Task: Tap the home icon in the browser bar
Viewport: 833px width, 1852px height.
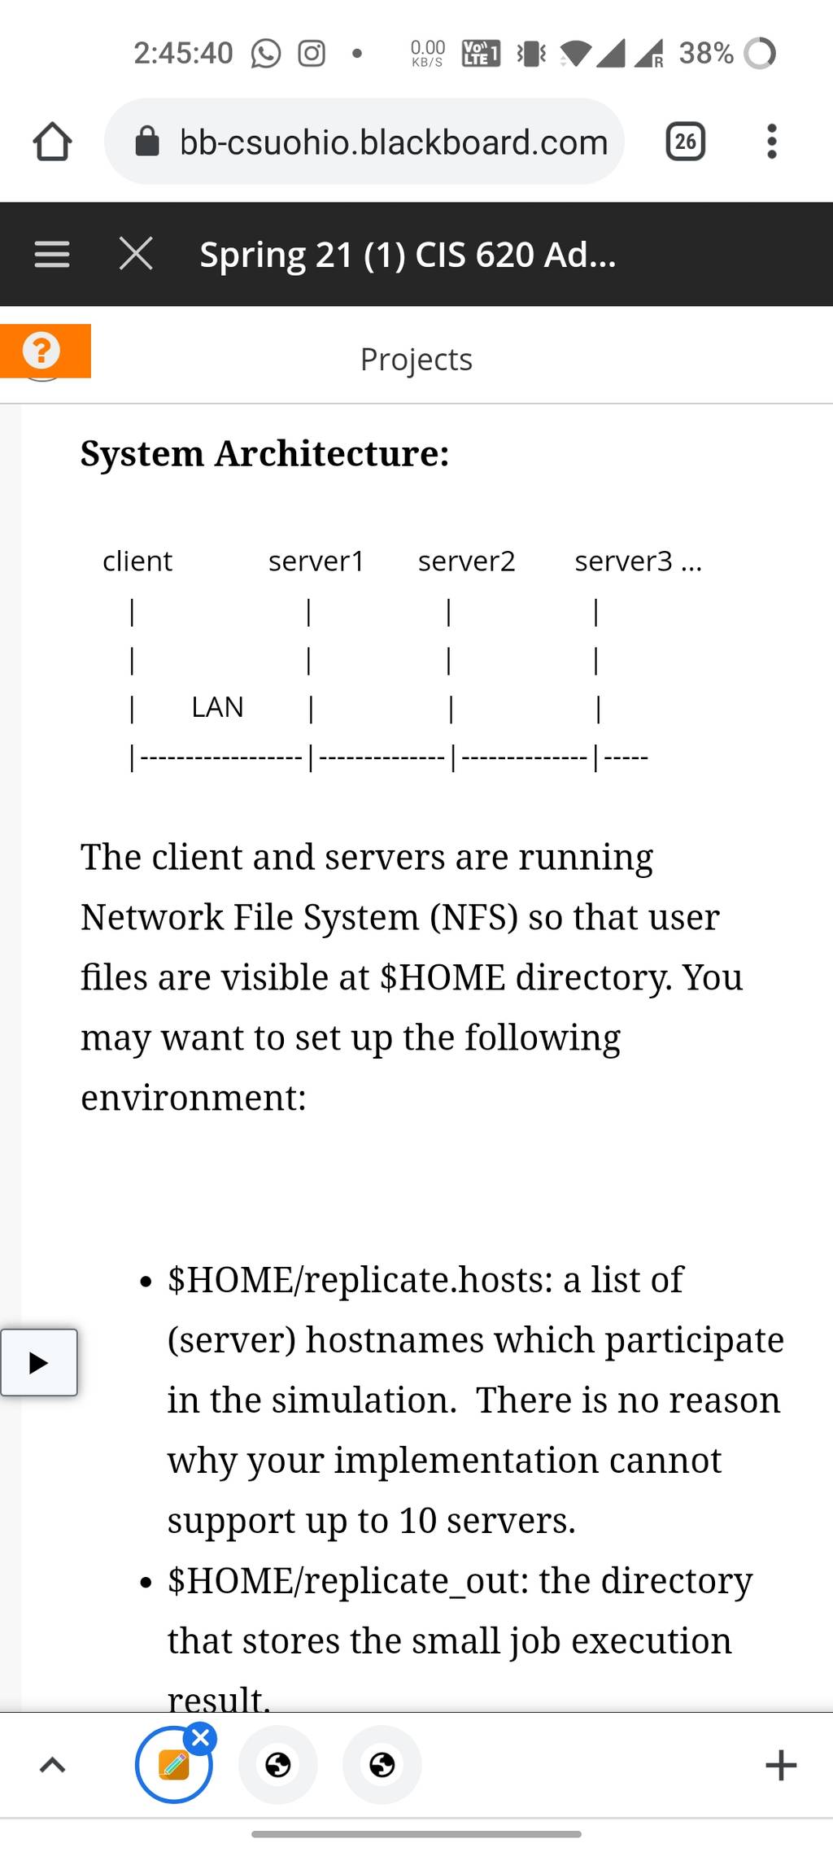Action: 53,142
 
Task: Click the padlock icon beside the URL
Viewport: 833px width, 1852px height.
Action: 146,142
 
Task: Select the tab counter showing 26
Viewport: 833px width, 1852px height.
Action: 686,142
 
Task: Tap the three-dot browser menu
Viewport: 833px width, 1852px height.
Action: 772,142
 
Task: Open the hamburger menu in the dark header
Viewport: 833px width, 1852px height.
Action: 52,255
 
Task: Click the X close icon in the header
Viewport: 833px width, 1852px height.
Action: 136,254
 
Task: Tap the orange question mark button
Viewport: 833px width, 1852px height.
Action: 45,351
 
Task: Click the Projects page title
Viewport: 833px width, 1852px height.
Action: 416,360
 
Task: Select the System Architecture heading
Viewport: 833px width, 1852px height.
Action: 265,453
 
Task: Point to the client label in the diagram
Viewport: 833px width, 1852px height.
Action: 137,561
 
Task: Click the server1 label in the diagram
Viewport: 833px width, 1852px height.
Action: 316,561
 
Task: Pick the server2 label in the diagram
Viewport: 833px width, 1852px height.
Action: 467,561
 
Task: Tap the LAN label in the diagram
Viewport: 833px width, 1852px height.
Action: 217,707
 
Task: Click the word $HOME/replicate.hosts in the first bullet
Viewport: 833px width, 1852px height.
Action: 360,1280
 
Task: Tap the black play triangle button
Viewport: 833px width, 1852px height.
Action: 39,1363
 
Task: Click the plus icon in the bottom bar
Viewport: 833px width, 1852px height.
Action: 781,1765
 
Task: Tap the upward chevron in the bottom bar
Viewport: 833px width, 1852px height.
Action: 53,1764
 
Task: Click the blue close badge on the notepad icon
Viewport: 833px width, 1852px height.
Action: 200,1739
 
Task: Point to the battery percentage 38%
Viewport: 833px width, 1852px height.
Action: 706,54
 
